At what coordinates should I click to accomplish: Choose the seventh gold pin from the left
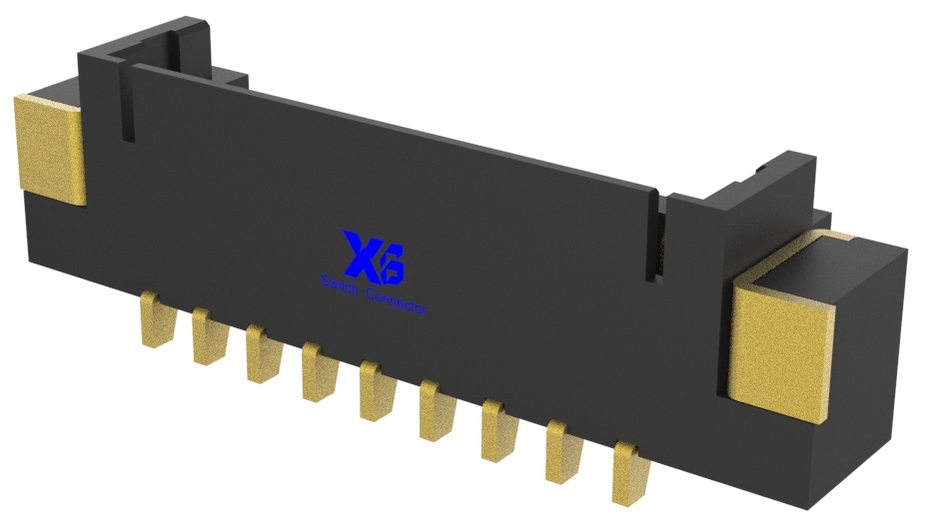coord(494,426)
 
